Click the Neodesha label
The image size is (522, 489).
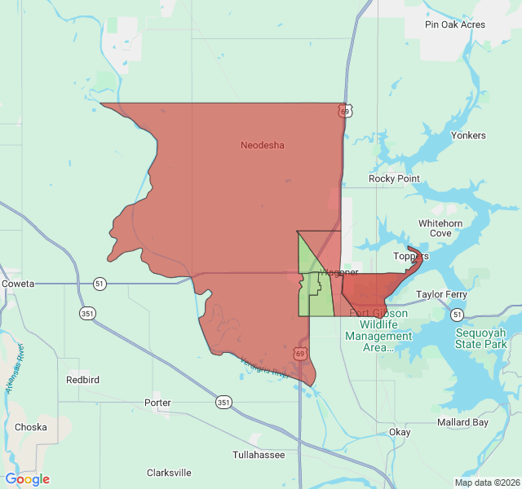(262, 145)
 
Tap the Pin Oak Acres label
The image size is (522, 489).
(454, 24)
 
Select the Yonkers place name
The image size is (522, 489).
(467, 135)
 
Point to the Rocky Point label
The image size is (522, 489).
(394, 178)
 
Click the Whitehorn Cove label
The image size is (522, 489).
(440, 228)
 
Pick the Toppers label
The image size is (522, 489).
(410, 256)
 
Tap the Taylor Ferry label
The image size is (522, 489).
(441, 294)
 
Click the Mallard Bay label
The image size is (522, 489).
(462, 422)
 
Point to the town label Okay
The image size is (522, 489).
(400, 432)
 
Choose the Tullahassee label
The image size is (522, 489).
(259, 455)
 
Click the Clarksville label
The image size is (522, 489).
(169, 472)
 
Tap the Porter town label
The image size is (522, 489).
(157, 403)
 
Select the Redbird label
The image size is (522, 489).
(83, 380)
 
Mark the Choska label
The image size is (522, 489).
(31, 426)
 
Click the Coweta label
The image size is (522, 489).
(18, 284)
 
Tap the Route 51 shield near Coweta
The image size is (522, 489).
(100, 284)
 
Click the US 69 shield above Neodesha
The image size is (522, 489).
(347, 111)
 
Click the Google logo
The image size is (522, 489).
(28, 479)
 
